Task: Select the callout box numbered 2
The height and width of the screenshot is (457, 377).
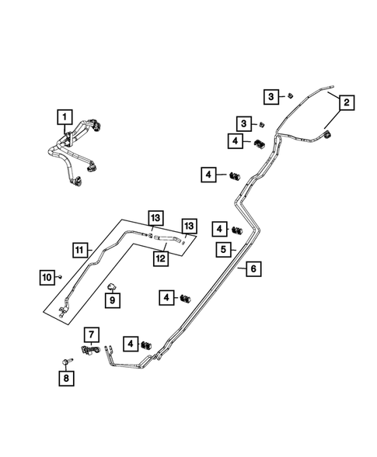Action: pyautogui.click(x=346, y=102)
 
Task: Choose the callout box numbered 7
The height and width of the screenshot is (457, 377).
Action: pyautogui.click(x=92, y=335)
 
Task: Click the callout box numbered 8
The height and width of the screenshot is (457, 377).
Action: pyautogui.click(x=65, y=378)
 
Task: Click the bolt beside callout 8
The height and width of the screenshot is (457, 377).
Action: pyautogui.click(x=64, y=362)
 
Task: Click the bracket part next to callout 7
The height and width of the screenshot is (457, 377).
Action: pyautogui.click(x=92, y=353)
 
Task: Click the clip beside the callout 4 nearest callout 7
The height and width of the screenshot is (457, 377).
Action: pyautogui.click(x=145, y=344)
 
